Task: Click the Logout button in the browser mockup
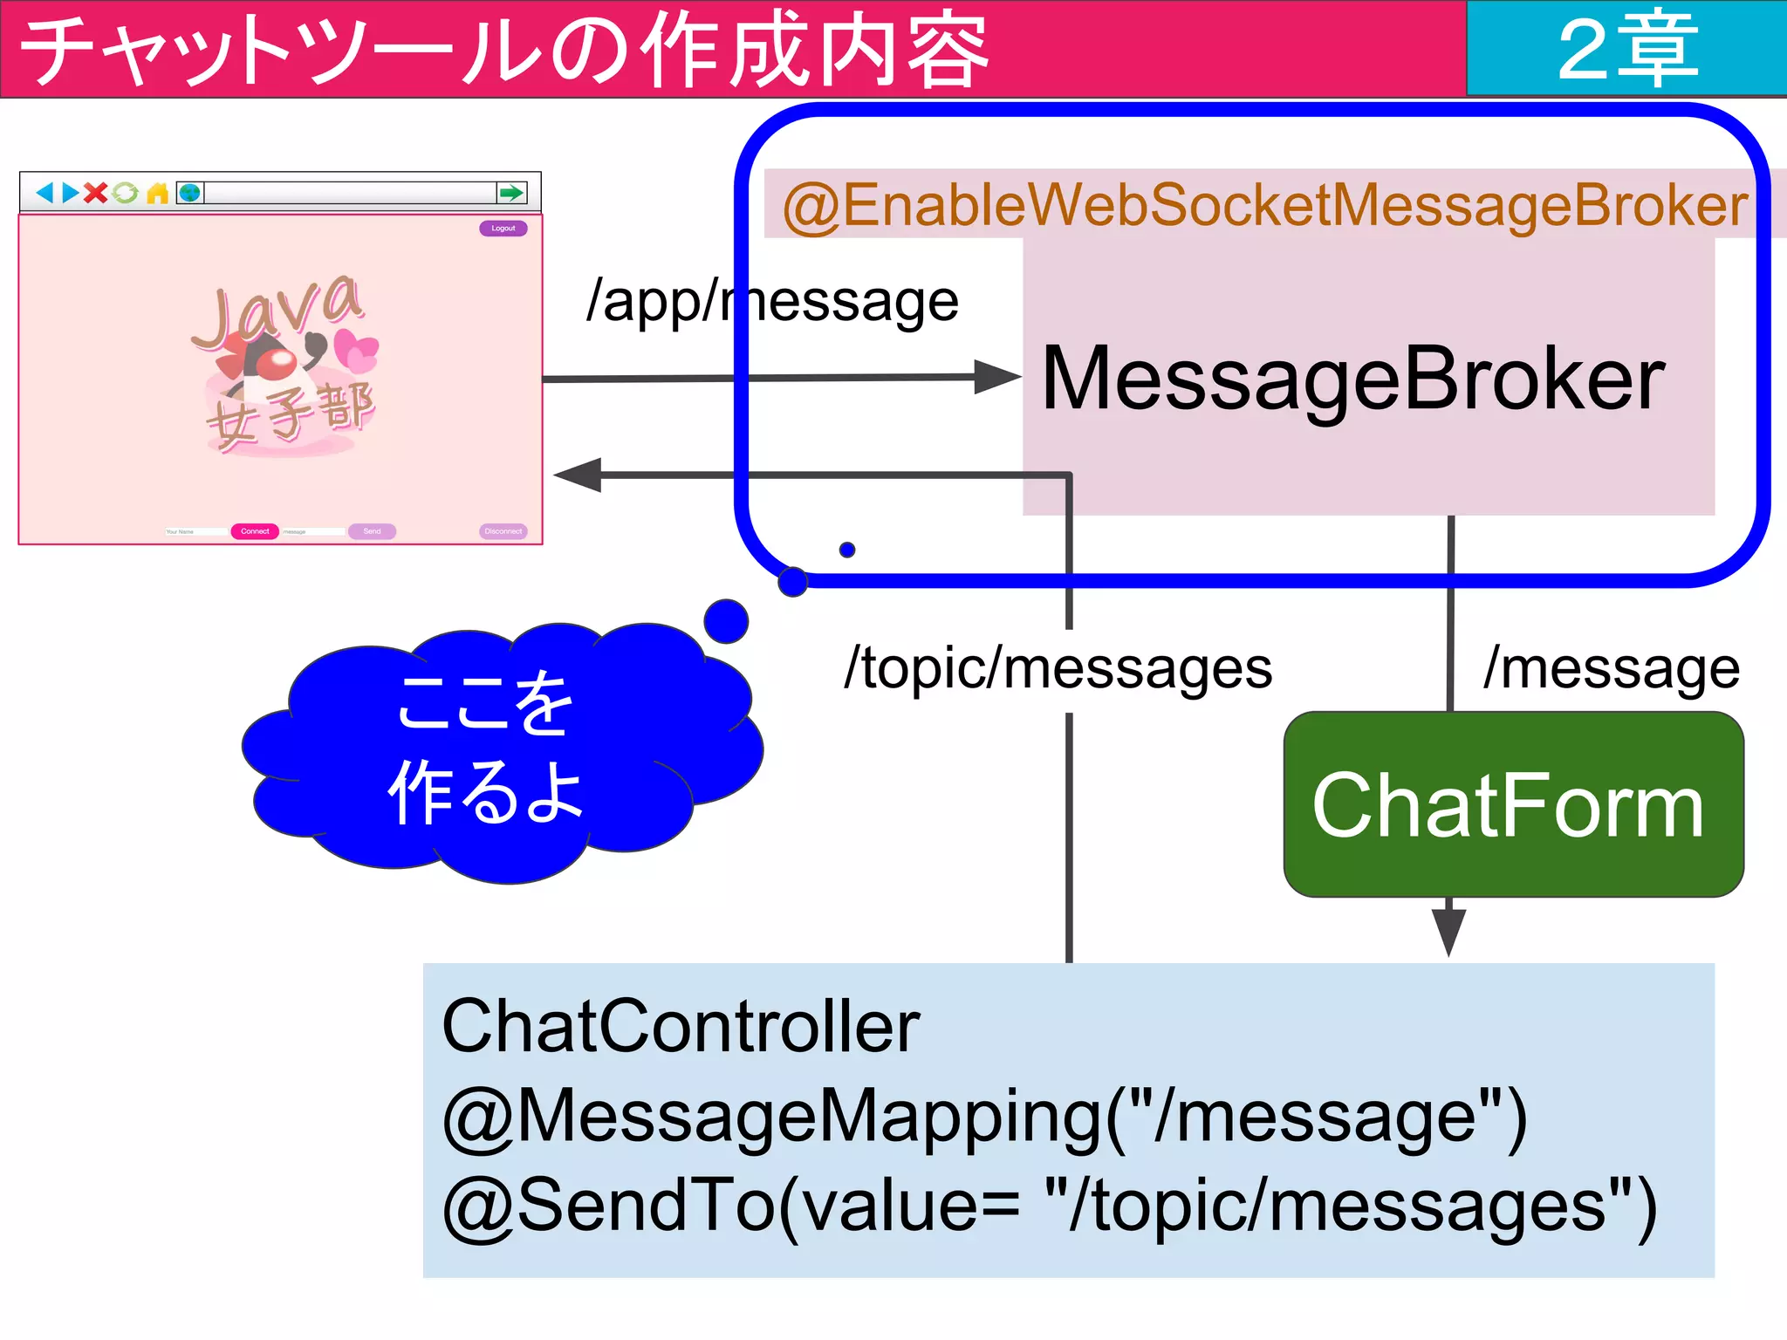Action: [503, 229]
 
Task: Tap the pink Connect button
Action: [255, 531]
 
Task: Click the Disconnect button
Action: [503, 531]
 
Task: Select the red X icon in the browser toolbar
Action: [96, 193]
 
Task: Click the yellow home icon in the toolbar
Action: [157, 193]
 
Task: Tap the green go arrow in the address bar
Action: [511, 193]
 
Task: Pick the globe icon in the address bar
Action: [189, 193]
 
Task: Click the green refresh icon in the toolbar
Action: [126, 193]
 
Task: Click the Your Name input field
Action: [195, 531]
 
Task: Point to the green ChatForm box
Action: [1513, 804]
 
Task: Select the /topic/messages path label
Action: [1058, 670]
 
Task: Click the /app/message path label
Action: [772, 302]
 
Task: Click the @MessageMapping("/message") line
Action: [984, 1116]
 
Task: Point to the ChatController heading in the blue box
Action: [681, 1027]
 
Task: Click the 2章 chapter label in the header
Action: [1628, 49]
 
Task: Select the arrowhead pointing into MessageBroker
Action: [996, 377]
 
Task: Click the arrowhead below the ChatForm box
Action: [1448, 932]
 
